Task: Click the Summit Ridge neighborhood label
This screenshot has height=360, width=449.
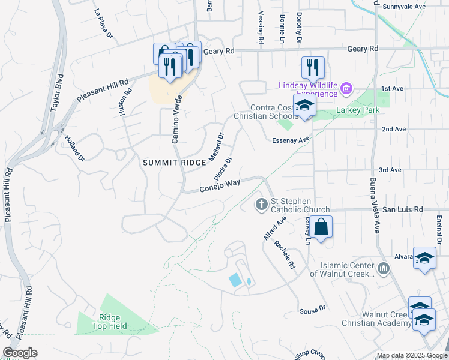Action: pyautogui.click(x=170, y=163)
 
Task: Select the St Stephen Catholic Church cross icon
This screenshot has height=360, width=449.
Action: pyautogui.click(x=261, y=205)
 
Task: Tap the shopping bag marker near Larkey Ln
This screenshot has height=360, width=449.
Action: pyautogui.click(x=321, y=227)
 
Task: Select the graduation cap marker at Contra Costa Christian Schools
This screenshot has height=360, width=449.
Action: pyautogui.click(x=304, y=106)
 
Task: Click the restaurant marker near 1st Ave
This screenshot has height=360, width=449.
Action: pyautogui.click(x=312, y=67)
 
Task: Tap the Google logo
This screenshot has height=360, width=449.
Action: pyautogui.click(x=20, y=353)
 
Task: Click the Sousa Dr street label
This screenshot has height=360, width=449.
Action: pyautogui.click(x=312, y=309)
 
